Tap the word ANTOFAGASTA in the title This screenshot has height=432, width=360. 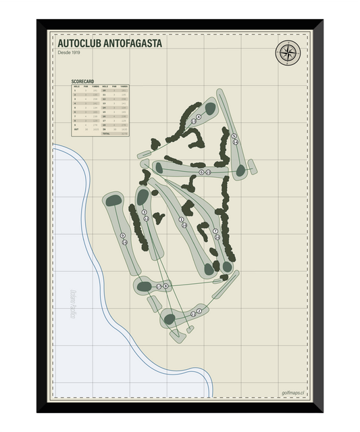click(138, 43)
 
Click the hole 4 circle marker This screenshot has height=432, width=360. click(193, 120)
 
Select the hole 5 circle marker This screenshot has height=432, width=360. click(234, 137)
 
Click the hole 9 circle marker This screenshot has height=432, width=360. click(123, 235)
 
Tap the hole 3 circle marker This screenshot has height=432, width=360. click(144, 213)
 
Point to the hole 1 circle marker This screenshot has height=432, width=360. click(181, 219)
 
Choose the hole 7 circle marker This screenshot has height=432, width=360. click(215, 231)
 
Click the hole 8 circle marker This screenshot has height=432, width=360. click(159, 287)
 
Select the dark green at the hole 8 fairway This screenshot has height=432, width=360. click(143, 287)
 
